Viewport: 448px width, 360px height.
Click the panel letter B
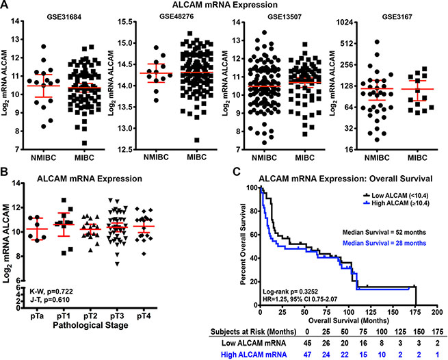[x=5, y=173]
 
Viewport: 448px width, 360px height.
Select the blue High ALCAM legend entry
[x=407, y=205]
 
